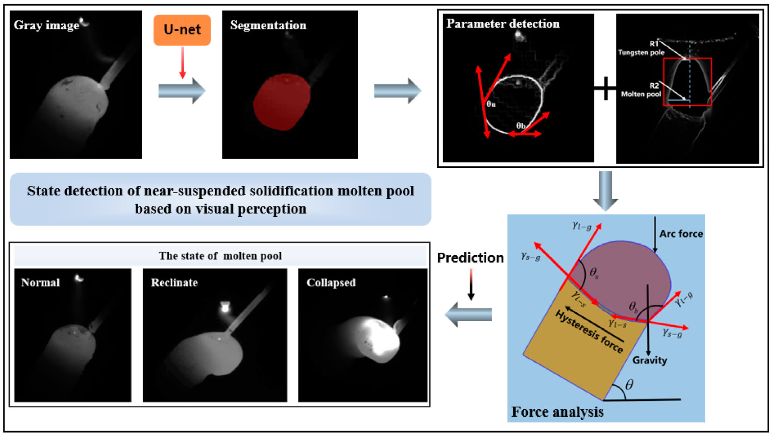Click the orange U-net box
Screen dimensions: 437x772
pyautogui.click(x=182, y=30)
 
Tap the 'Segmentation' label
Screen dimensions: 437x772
pyautogui.click(x=268, y=25)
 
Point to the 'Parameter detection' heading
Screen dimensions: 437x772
pyautogui.click(x=503, y=24)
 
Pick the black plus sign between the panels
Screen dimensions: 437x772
pyautogui.click(x=605, y=88)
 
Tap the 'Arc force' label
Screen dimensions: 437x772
pyautogui.click(x=681, y=234)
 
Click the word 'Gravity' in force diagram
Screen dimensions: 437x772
pyautogui.click(x=650, y=360)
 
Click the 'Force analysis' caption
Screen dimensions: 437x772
pyautogui.click(x=557, y=412)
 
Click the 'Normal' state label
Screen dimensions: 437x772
pyautogui.click(x=40, y=282)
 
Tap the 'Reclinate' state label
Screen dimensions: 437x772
pyautogui.click(x=174, y=282)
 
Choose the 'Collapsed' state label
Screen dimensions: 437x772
pyautogui.click(x=331, y=282)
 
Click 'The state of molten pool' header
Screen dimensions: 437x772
pyautogui.click(x=220, y=256)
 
